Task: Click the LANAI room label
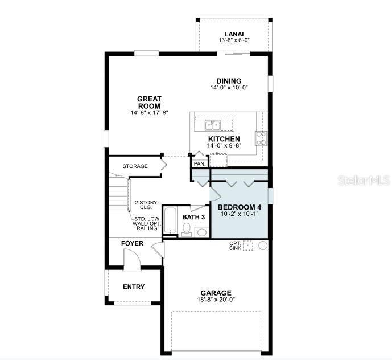(x=233, y=34)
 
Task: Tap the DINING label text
(x=229, y=81)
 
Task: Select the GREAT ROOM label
(x=149, y=103)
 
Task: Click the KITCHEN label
(x=224, y=139)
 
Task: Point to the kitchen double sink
(x=214, y=125)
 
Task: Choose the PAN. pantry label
(x=199, y=164)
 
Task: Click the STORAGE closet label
(x=135, y=166)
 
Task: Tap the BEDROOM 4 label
(x=239, y=207)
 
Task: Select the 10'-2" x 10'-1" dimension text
(x=239, y=215)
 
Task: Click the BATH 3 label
(x=193, y=218)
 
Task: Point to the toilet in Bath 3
(x=186, y=229)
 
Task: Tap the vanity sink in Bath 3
(x=201, y=231)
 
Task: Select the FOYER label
(x=133, y=244)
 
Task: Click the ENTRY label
(x=134, y=287)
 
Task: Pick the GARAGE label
(x=216, y=293)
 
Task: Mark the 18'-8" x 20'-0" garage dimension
(x=216, y=300)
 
